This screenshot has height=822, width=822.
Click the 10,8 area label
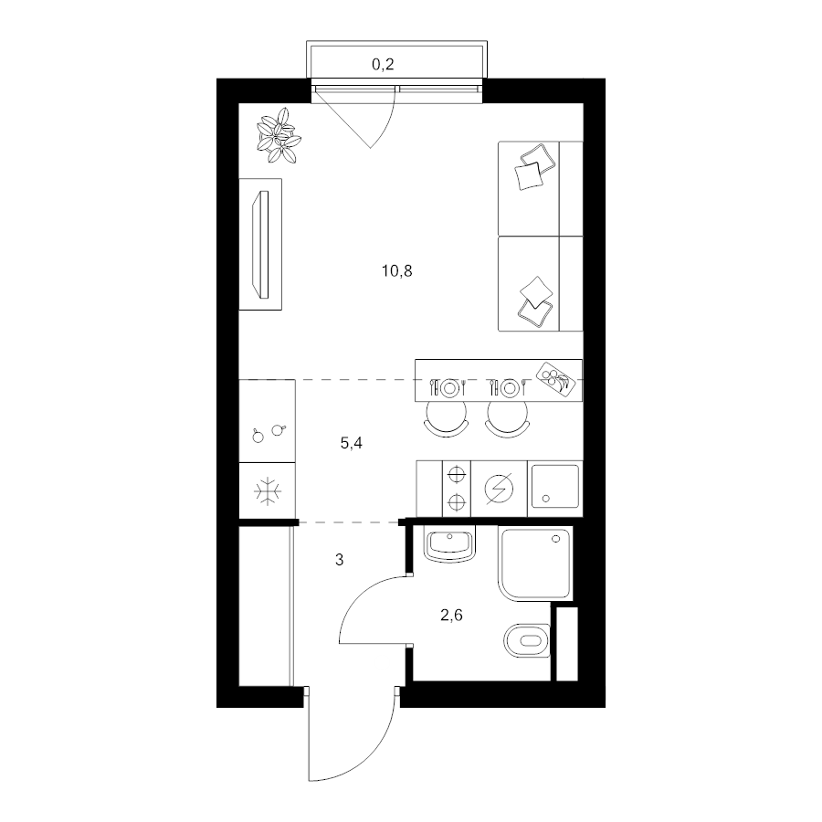[397, 271]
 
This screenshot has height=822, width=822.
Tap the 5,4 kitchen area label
[352, 444]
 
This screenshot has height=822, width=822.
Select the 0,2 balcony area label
[383, 65]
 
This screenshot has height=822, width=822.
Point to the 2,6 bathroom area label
[451, 615]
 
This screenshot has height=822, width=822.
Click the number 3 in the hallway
[339, 560]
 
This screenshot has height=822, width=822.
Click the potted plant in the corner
[278, 136]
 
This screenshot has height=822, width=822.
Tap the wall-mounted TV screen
[260, 245]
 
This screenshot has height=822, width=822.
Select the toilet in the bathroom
[527, 640]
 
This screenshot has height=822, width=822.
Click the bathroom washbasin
[449, 545]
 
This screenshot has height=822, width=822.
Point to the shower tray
[534, 564]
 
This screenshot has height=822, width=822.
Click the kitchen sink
[554, 487]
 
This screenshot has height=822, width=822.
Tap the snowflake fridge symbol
[268, 491]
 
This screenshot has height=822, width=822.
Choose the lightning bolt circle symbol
[499, 489]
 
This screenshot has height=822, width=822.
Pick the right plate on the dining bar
[510, 388]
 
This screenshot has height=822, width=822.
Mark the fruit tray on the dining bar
[555, 378]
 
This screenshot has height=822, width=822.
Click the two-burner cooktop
[457, 489]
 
